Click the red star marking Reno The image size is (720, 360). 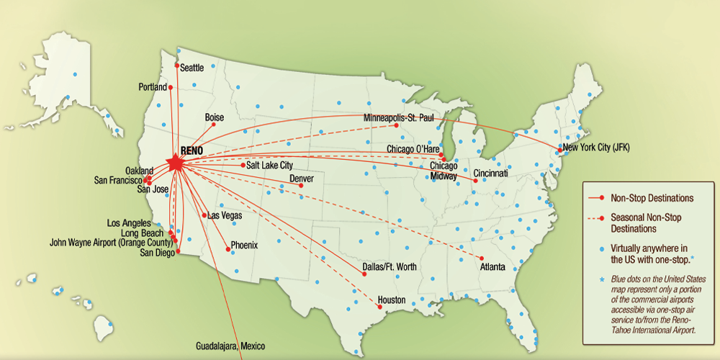tap(175, 163)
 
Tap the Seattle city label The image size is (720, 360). tap(192, 68)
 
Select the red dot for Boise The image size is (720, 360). tap(214, 125)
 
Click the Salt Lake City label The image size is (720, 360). tap(269, 166)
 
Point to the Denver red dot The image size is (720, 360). tap(301, 186)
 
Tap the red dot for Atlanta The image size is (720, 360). tap(482, 258)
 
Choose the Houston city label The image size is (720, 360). tap(392, 300)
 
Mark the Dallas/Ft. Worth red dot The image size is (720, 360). tap(364, 274)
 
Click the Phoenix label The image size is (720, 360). tap(244, 246)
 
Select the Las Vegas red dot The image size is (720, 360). tap(205, 215)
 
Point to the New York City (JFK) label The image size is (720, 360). tap(597, 148)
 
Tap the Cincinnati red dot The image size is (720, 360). tap(475, 181)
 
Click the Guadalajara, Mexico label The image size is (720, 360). tap(230, 346)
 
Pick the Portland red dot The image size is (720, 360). tap(171, 87)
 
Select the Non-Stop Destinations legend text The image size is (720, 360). tap(652, 197)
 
